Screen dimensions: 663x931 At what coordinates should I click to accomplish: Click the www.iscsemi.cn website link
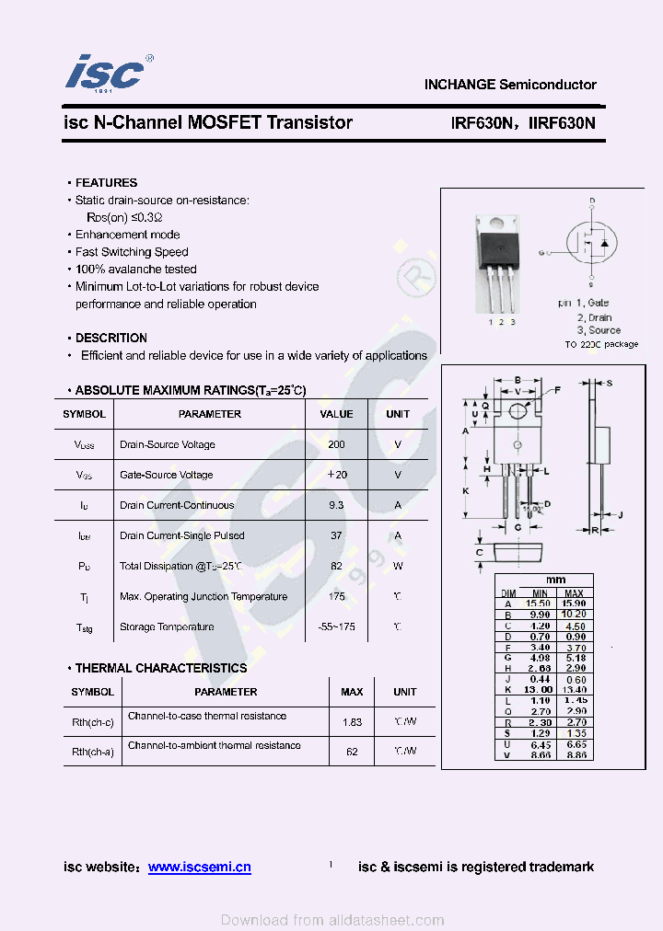click(199, 867)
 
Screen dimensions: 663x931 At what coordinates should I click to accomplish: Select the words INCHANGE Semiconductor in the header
click(510, 85)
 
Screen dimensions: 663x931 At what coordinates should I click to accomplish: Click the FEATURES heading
click(106, 183)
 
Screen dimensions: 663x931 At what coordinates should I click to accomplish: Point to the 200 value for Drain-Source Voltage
click(336, 444)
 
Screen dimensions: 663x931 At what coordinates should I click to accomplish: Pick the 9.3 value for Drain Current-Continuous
click(336, 505)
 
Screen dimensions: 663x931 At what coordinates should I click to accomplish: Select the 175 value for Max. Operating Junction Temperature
click(336, 596)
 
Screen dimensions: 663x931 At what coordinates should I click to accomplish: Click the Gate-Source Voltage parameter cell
click(167, 475)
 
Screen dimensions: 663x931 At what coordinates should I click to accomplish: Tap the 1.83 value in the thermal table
click(352, 722)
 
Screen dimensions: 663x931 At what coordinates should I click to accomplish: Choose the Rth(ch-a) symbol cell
click(93, 752)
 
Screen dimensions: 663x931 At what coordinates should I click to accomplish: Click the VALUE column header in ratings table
click(336, 414)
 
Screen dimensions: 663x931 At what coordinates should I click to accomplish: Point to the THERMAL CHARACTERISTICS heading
click(161, 668)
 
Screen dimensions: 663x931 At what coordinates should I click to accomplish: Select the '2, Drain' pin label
click(594, 317)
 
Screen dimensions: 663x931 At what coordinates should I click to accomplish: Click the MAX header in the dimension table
click(574, 592)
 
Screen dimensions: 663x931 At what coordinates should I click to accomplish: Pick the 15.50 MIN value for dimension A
click(539, 603)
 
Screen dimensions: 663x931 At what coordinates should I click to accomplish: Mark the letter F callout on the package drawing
click(557, 391)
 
